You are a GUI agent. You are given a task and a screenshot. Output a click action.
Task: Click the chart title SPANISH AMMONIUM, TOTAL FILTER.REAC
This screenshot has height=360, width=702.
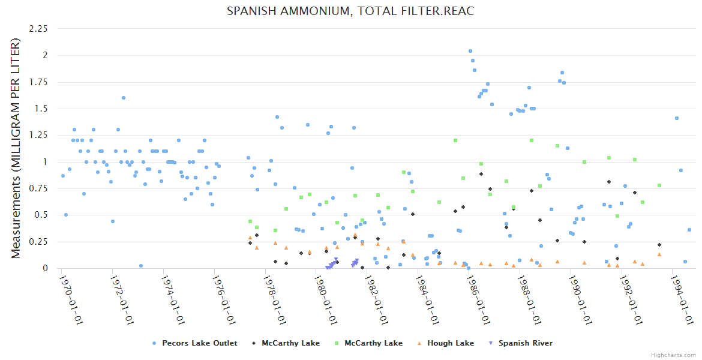[x=350, y=11]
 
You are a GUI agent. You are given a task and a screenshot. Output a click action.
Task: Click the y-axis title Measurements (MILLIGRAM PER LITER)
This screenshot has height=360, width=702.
[x=16, y=148]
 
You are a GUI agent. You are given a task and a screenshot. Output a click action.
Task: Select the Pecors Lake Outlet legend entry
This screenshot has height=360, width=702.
[x=199, y=343]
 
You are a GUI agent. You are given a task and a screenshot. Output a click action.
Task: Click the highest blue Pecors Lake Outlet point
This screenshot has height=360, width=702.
[x=470, y=51]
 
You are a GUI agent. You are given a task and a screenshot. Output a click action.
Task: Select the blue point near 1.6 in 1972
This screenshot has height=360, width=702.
[x=124, y=98]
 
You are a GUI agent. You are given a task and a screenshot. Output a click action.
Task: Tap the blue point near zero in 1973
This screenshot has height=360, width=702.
[x=141, y=266]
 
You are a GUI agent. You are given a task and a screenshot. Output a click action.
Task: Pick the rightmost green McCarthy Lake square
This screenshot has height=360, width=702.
[x=659, y=185]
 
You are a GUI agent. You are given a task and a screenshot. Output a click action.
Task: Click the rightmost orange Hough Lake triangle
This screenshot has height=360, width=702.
[x=659, y=254]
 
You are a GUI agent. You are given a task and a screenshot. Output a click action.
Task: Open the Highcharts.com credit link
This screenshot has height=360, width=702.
[x=673, y=355]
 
